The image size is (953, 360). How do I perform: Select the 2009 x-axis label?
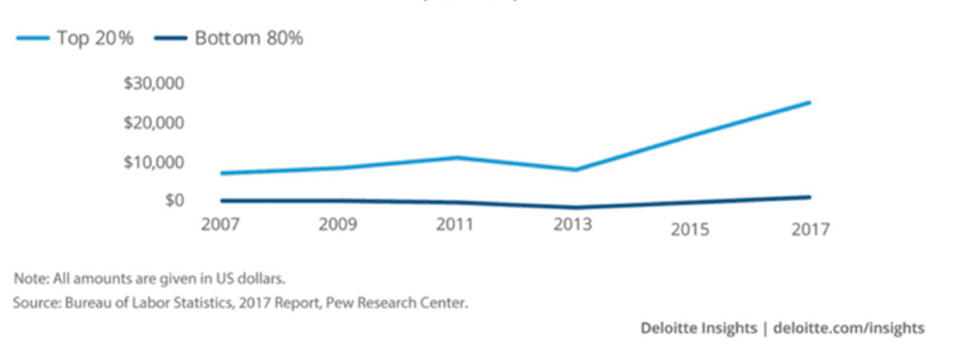(x=339, y=224)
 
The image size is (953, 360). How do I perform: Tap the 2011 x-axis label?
(x=456, y=224)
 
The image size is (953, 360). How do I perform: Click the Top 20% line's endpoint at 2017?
(x=810, y=102)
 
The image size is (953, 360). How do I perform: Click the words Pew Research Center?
(x=423, y=301)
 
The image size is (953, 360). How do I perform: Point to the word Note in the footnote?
(x=28, y=278)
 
